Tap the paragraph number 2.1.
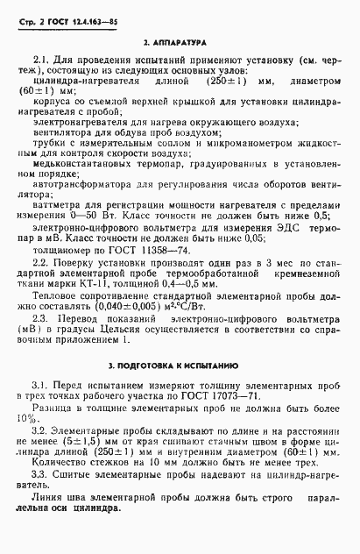pos(39,59)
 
